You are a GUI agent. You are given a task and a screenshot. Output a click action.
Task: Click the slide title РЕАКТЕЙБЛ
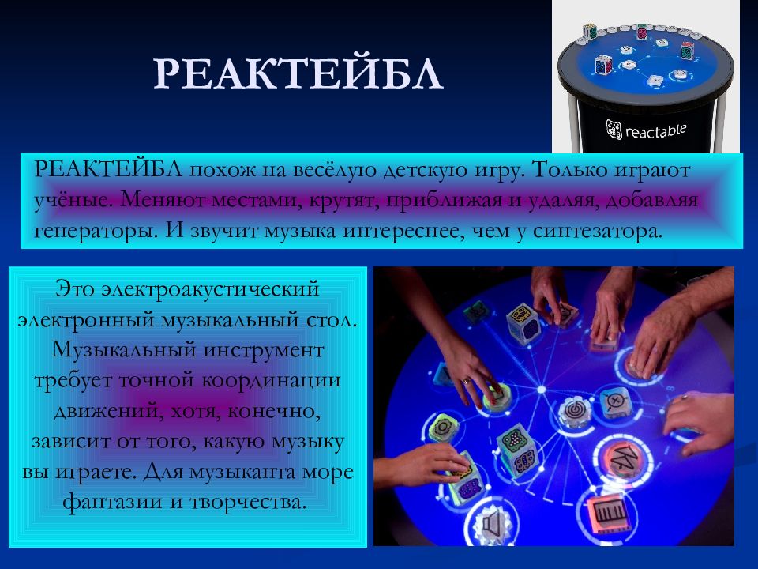tap(298, 77)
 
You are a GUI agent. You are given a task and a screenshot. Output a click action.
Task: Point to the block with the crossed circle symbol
tap(614, 401)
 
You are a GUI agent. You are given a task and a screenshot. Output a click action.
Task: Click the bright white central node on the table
tap(542, 390)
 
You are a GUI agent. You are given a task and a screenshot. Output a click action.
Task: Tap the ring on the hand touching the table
tap(466, 380)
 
